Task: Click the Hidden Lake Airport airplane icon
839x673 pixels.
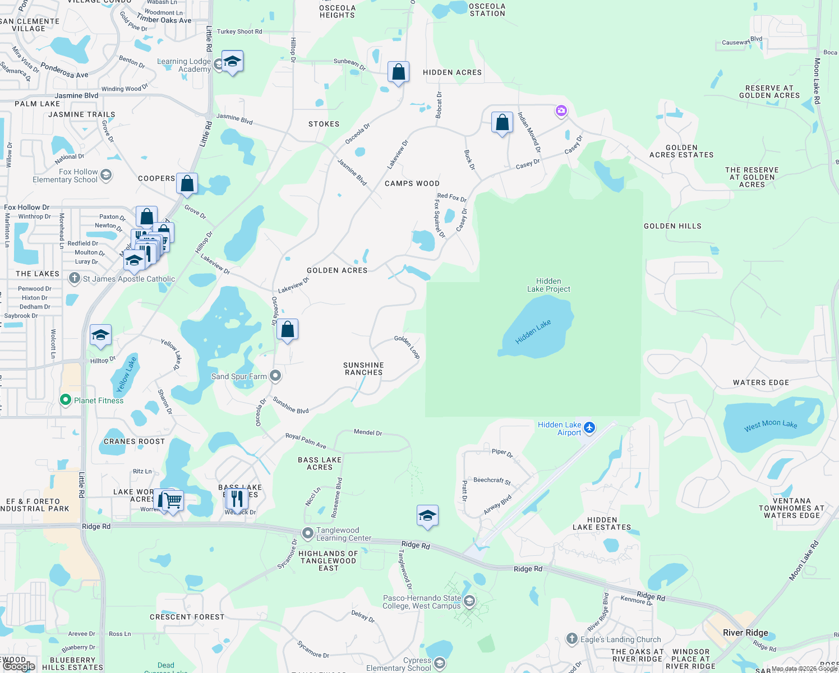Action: click(589, 428)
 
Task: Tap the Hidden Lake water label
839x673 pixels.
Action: click(533, 331)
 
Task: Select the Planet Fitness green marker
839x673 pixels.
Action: click(65, 400)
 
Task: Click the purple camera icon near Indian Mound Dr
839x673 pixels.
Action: click(561, 110)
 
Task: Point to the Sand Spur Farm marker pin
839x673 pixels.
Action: click(275, 376)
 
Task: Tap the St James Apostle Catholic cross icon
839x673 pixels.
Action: click(74, 278)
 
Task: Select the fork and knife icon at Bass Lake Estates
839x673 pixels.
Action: click(237, 498)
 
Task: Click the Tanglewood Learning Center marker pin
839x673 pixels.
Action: click(307, 533)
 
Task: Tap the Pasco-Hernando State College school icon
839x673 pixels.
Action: click(469, 601)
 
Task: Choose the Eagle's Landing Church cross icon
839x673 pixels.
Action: click(571, 639)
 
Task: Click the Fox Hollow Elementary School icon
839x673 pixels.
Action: click(105, 175)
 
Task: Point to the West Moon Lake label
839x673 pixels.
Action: click(771, 425)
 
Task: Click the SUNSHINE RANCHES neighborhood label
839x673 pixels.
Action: click(363, 368)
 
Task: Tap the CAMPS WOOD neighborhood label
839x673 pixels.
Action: click(412, 183)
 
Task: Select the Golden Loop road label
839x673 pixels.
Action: click(407, 346)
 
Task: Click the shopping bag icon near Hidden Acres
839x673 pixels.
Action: click(398, 72)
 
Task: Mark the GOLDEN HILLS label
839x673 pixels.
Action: click(672, 226)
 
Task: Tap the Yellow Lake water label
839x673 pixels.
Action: click(126, 374)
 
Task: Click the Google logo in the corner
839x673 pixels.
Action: click(19, 666)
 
